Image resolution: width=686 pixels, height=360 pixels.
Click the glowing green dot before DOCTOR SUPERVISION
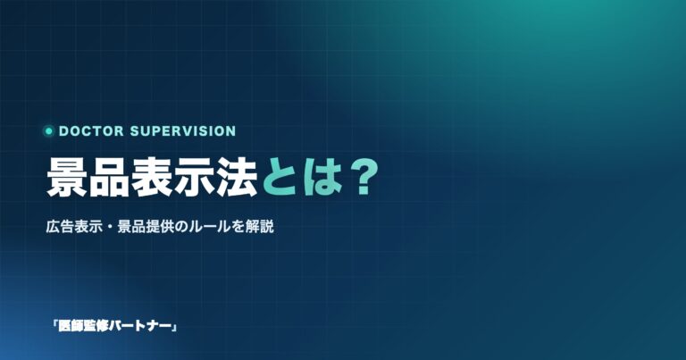[48, 130]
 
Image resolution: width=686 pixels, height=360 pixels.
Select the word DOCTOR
[91, 130]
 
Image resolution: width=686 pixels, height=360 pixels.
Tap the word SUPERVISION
[183, 130]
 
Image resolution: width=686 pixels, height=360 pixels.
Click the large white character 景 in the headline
[67, 178]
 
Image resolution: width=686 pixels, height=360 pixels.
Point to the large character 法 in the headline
[236, 178]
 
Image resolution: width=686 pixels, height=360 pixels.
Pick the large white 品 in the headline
[109, 178]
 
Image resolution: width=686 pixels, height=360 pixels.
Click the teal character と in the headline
[280, 178]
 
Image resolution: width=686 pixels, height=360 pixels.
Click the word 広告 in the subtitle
[60, 227]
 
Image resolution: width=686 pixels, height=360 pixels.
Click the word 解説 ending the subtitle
[260, 227]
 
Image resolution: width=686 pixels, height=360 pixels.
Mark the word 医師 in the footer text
[71, 326]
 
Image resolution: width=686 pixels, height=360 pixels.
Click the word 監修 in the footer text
[96, 326]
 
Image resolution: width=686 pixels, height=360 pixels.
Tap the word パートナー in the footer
[139, 326]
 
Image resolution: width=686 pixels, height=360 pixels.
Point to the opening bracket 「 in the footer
[55, 325]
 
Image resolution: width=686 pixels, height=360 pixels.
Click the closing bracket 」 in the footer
[173, 327]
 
